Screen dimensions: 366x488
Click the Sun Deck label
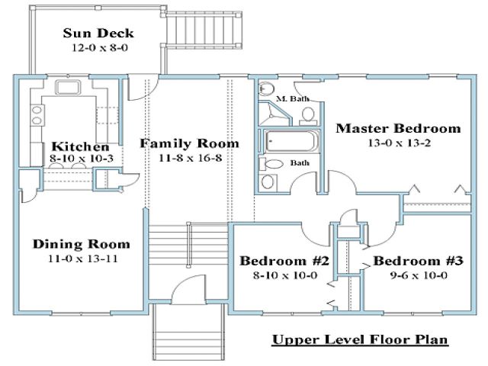pyautogui.click(x=98, y=33)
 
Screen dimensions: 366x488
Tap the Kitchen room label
pyautogui.click(x=79, y=146)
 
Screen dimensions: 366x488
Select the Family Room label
pyautogui.click(x=189, y=143)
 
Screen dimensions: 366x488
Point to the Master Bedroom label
pyautogui.click(x=398, y=127)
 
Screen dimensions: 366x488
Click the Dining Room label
pyautogui.click(x=81, y=244)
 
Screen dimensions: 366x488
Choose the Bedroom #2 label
pyautogui.click(x=284, y=261)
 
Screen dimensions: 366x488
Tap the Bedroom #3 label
pyautogui.click(x=418, y=261)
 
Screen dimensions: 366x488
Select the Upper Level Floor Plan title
pyautogui.click(x=359, y=339)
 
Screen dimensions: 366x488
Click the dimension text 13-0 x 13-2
pyautogui.click(x=399, y=143)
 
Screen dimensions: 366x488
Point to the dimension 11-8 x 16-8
pyautogui.click(x=189, y=158)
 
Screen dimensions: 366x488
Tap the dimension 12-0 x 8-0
pyautogui.click(x=98, y=47)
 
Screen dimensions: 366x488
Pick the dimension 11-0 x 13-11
pyautogui.click(x=81, y=258)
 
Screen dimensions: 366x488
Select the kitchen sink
pyautogui.click(x=66, y=88)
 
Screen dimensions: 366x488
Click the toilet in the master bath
pyautogui.click(x=307, y=115)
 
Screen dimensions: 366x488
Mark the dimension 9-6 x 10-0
pyautogui.click(x=418, y=274)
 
